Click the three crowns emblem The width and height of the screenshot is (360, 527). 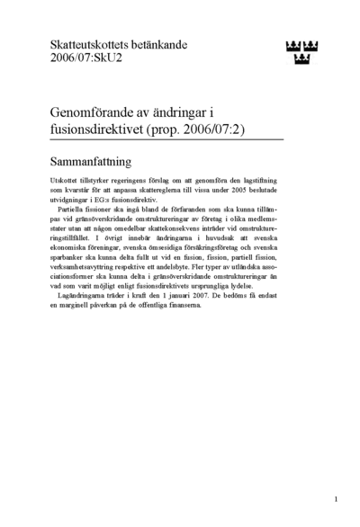[301, 52]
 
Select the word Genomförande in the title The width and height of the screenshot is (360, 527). [94, 113]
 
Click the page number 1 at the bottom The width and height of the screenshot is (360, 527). [335, 497]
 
